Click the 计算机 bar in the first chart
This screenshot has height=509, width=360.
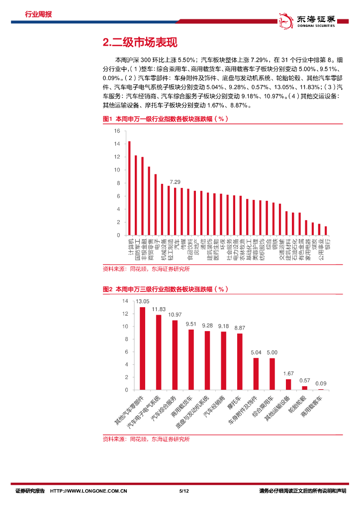pyautogui.click(x=129, y=188)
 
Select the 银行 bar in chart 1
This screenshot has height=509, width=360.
pyautogui.click(x=326, y=231)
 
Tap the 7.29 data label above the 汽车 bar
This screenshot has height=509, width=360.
pyautogui.click(x=175, y=182)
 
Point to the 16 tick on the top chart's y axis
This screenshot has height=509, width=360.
pyautogui.click(x=117, y=131)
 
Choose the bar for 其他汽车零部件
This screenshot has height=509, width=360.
pyautogui.click(x=142, y=348)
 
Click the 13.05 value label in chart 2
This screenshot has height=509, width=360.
pyautogui.click(x=143, y=302)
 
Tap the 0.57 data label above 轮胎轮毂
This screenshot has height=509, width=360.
pyautogui.click(x=304, y=381)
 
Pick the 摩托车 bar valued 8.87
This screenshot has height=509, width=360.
pyautogui.click(x=240, y=361)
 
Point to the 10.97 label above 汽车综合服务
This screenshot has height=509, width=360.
pyautogui.click(x=175, y=315)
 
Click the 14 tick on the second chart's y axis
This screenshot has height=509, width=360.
pyautogui.click(x=125, y=301)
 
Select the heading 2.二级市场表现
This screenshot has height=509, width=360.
pyautogui.click(x=139, y=43)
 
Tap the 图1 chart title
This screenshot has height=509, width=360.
pyautogui.click(x=165, y=119)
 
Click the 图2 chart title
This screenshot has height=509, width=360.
pyautogui.click(x=165, y=289)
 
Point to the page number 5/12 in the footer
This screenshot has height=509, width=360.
pyautogui.click(x=183, y=491)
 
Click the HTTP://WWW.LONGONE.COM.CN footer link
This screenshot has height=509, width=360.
pyautogui.click(x=90, y=491)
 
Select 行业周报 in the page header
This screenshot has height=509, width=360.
pyautogui.click(x=38, y=14)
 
